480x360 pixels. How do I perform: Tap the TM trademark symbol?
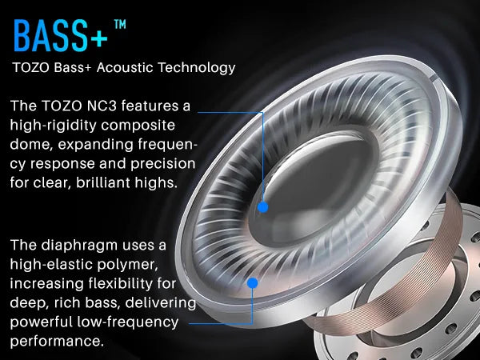point(120,24)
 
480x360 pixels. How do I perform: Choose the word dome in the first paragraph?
point(31,145)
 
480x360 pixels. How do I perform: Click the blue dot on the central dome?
point(262,206)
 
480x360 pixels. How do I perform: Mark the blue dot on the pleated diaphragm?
point(253,283)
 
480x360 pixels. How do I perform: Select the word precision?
point(155,164)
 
